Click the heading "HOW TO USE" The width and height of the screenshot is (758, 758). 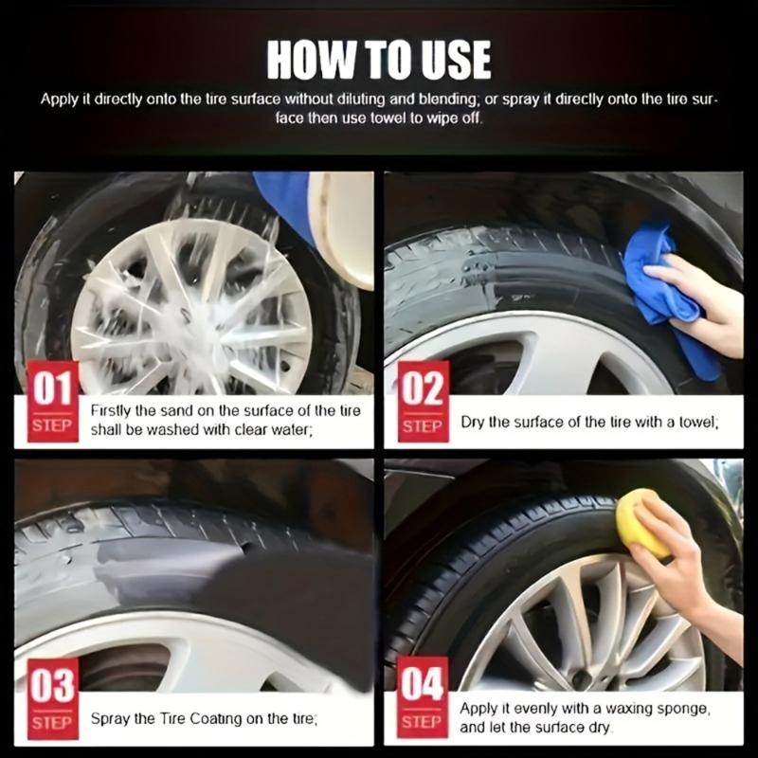coord(379,59)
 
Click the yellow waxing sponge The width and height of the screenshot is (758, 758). coord(641,522)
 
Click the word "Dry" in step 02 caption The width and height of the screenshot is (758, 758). coord(474,421)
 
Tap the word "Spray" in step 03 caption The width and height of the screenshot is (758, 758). coord(110,718)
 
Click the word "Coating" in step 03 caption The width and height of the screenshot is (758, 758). coord(216,718)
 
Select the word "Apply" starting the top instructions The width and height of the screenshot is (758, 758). coord(58,99)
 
